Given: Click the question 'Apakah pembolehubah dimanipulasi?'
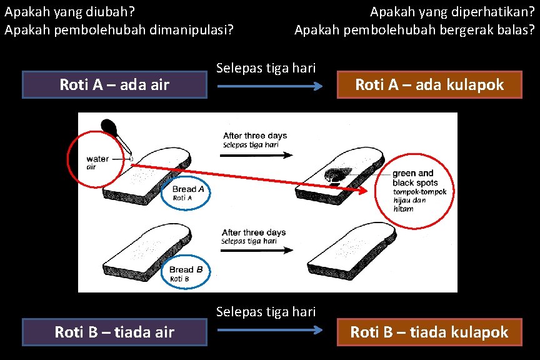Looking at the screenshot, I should (119, 29).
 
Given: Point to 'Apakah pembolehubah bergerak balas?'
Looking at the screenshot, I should (414, 29).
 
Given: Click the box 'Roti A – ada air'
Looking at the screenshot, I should (114, 85).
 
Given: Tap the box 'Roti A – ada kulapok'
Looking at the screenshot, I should (429, 85).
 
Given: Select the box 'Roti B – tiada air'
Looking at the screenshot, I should (114, 332).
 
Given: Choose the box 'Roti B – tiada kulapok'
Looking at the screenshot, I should (429, 332).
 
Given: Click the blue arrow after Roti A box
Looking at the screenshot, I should (270, 86).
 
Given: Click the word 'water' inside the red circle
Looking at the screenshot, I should (97, 159).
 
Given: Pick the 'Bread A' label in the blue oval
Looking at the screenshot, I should (187, 189).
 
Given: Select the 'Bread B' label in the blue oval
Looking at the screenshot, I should (186, 270).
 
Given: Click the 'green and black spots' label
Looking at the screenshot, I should (413, 177).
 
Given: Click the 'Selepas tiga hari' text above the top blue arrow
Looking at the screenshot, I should (266, 67).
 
